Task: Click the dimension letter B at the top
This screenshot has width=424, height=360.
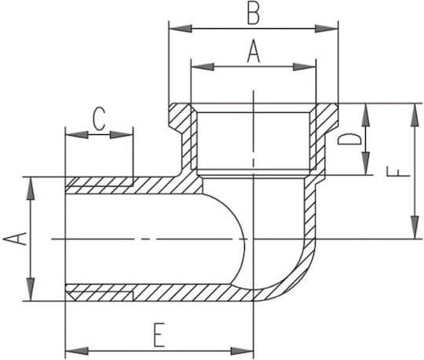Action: click(254, 14)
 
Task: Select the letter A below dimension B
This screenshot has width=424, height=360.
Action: click(254, 51)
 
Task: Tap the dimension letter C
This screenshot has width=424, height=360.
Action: click(98, 119)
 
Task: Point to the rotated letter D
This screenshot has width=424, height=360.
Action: click(350, 139)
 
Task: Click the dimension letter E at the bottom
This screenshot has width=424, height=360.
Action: click(159, 335)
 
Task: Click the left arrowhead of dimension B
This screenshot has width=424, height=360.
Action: click(181, 28)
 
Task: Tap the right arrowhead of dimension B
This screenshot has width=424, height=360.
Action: click(327, 28)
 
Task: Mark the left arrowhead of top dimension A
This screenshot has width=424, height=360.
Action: click(203, 67)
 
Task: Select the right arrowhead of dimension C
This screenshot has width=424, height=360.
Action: click(121, 134)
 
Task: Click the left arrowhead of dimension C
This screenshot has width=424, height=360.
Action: click(77, 134)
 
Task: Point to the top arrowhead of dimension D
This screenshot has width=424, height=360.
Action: click(366, 115)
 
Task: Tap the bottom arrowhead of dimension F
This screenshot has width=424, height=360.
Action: click(415, 227)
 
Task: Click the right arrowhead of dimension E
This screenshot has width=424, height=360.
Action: click(242, 351)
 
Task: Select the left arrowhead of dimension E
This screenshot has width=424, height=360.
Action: click(77, 351)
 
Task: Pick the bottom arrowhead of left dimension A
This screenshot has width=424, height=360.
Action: click(31, 289)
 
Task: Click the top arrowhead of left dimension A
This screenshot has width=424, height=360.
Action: click(31, 189)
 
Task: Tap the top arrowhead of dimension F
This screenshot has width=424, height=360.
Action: click(415, 115)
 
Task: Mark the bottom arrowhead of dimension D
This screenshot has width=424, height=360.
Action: click(366, 163)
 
